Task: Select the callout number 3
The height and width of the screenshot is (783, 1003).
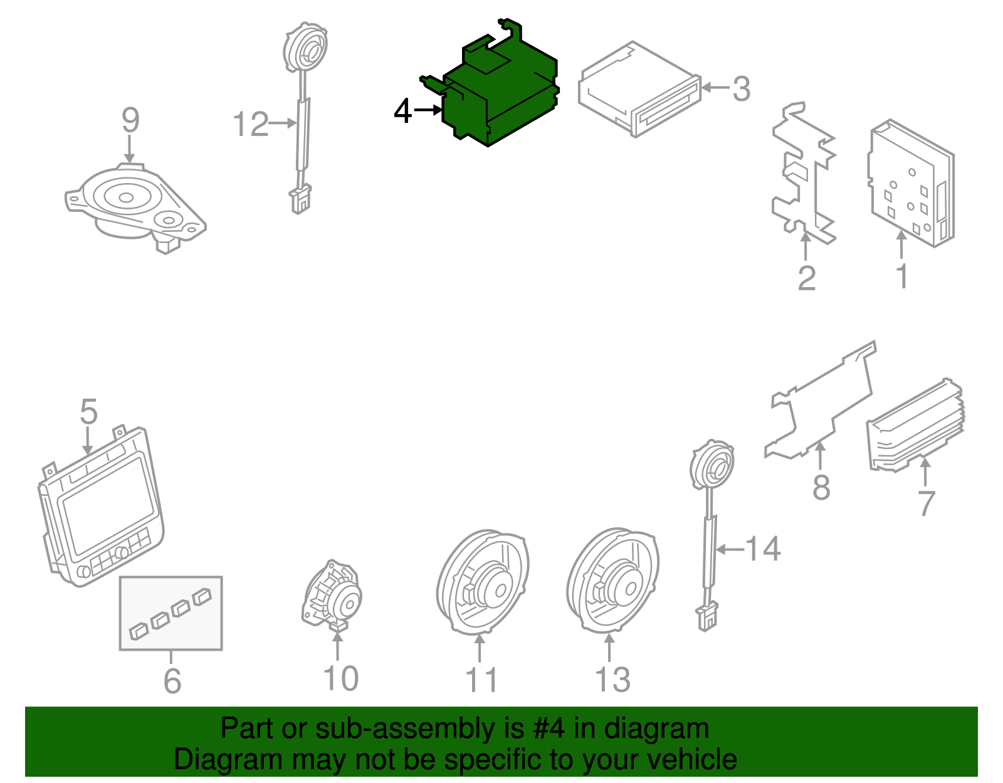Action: point(741,89)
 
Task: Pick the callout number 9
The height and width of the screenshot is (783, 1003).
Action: point(130,120)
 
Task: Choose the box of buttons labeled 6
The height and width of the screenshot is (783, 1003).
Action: point(171,612)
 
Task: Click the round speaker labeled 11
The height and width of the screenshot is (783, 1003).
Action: point(483,583)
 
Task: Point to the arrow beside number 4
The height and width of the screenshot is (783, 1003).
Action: point(429,110)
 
